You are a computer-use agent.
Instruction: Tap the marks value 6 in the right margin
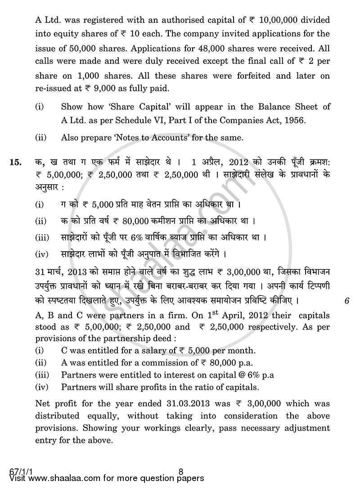click(x=346, y=301)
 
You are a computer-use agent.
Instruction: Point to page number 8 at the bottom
click(x=180, y=472)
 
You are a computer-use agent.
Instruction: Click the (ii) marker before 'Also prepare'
click(x=40, y=138)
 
